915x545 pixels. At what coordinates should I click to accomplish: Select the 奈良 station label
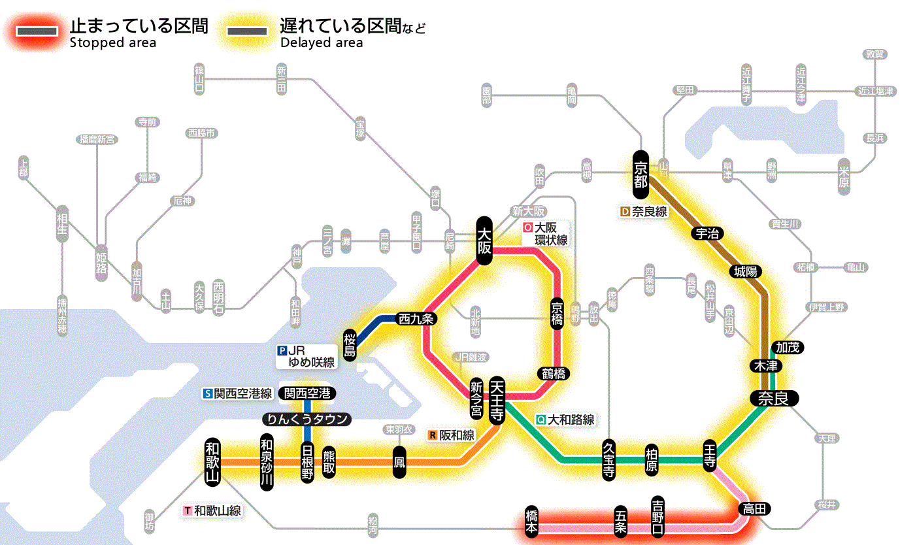[x=773, y=399]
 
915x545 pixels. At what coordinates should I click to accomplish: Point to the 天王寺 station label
[x=497, y=401]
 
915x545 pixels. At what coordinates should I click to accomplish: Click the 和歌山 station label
[x=212, y=462]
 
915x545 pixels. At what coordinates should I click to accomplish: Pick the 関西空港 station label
[x=307, y=393]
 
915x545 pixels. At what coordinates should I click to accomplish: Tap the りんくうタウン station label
[x=306, y=420]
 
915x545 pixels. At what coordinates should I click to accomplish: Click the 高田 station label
[x=755, y=509]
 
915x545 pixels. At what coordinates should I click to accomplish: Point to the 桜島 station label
[x=350, y=344]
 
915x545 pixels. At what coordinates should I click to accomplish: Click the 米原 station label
[x=844, y=175]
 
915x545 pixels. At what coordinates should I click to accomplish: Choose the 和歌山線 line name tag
[x=212, y=510]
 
